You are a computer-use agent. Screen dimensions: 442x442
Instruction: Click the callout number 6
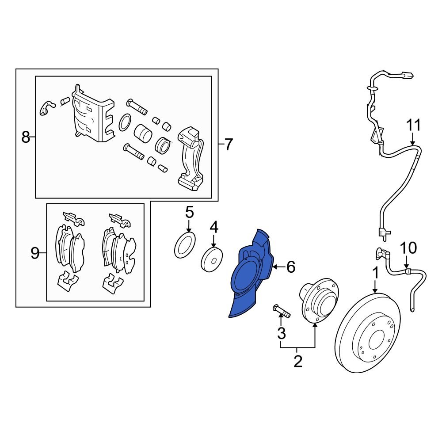click(290, 267)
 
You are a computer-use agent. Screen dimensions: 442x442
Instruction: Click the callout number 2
click(298, 362)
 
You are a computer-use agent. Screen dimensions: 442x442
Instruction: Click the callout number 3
click(281, 334)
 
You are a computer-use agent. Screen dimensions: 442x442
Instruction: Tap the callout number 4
click(214, 228)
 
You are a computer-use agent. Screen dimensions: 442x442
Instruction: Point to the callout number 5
click(189, 213)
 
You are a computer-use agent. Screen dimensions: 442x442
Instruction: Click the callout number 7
click(228, 145)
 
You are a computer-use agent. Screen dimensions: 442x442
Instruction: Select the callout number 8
click(26, 137)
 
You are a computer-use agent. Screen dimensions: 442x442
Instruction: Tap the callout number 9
click(35, 253)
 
